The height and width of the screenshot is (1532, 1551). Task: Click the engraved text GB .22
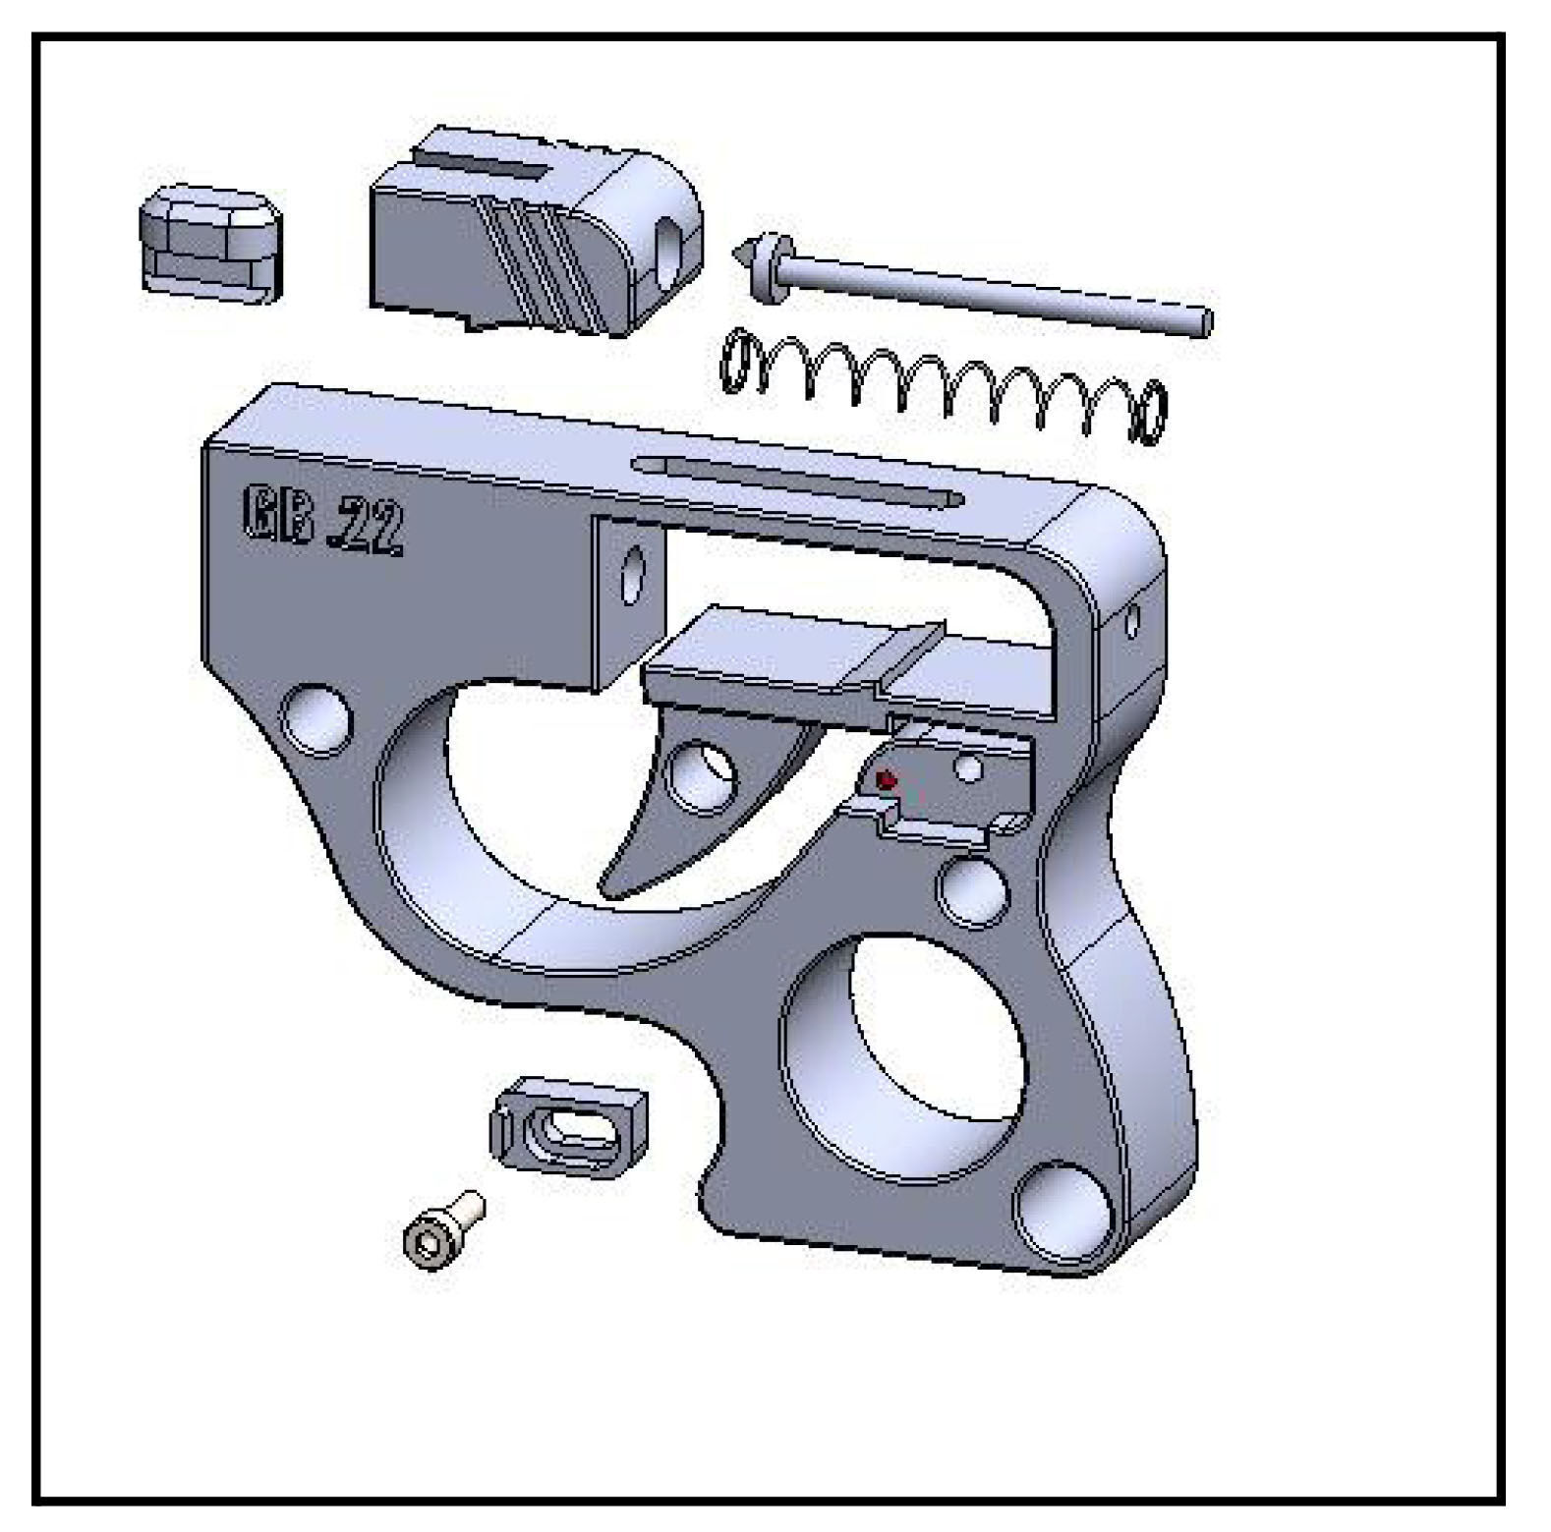[322, 521]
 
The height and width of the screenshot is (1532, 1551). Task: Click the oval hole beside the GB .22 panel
[632, 575]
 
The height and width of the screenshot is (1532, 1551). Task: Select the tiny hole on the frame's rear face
[1131, 620]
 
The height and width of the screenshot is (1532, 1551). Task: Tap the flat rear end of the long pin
[1206, 320]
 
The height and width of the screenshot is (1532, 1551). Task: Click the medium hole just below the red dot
[973, 887]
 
